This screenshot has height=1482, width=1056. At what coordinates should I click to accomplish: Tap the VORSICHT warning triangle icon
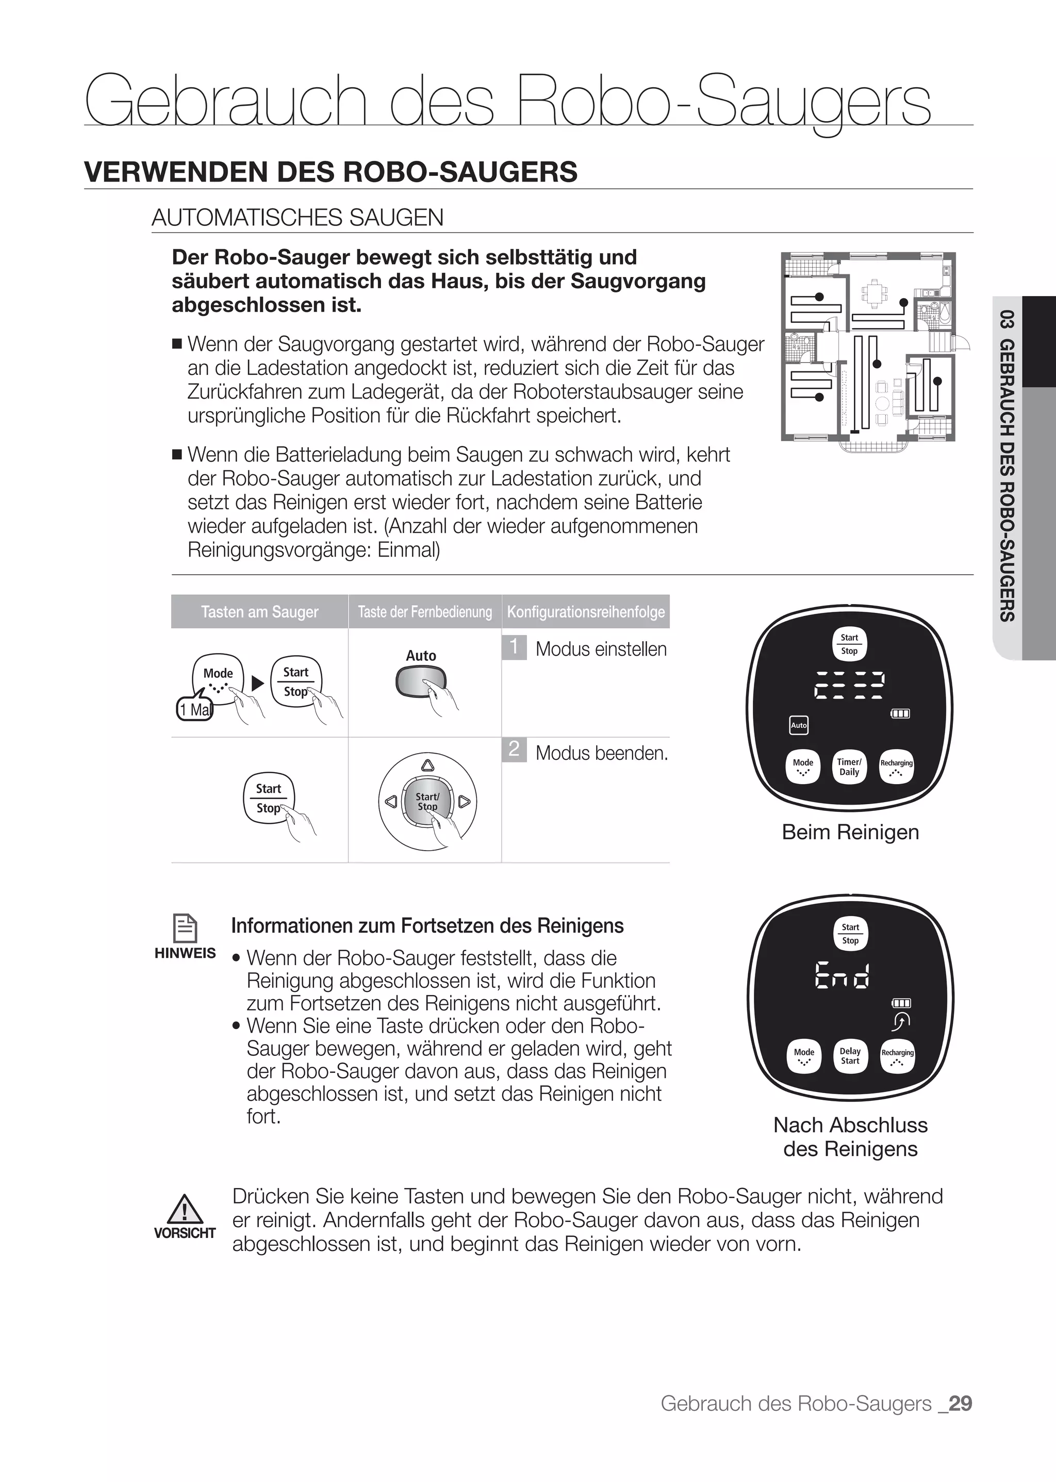(185, 1209)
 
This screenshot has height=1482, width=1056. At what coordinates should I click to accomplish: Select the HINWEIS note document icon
(185, 927)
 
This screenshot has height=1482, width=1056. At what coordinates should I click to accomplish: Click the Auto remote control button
(421, 682)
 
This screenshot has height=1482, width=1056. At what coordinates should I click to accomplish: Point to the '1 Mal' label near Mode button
(194, 710)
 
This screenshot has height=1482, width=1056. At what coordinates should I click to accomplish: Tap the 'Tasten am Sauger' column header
(259, 612)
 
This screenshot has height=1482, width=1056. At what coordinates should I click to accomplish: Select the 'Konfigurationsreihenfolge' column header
(586, 612)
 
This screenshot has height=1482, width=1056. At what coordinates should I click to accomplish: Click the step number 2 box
(514, 750)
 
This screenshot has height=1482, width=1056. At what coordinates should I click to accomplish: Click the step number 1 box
(514, 647)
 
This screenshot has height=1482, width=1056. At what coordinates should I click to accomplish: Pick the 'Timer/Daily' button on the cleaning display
(849, 767)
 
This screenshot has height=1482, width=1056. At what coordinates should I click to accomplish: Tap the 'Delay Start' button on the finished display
(850, 1056)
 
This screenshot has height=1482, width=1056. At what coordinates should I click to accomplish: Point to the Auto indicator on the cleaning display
(799, 725)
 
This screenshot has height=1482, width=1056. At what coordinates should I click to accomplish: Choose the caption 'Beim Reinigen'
(850, 832)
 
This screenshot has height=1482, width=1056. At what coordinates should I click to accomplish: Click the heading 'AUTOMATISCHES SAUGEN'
(298, 217)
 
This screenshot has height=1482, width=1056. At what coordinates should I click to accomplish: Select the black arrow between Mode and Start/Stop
(257, 683)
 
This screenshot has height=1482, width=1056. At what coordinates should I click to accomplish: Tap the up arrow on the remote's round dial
(427, 765)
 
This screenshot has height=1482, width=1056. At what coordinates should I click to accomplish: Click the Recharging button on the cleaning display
(897, 767)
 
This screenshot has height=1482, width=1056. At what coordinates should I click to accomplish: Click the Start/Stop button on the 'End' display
(850, 934)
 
